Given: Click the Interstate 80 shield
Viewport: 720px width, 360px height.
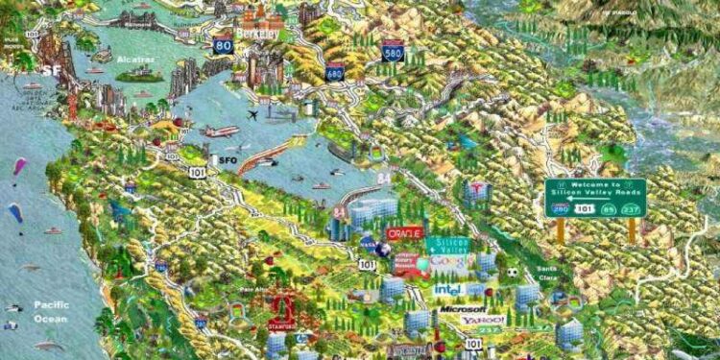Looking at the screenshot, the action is coord(224,44).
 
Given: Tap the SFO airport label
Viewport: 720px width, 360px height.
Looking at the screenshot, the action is coord(227,159).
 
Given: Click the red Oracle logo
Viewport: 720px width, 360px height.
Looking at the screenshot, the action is coord(404,232).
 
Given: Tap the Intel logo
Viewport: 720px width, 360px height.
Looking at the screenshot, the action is coord(448,289).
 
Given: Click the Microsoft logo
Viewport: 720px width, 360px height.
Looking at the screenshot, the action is coord(462,309).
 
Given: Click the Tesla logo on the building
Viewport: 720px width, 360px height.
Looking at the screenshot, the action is coord(476,189).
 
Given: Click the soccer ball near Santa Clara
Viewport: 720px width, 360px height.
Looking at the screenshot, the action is coord(513,273).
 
